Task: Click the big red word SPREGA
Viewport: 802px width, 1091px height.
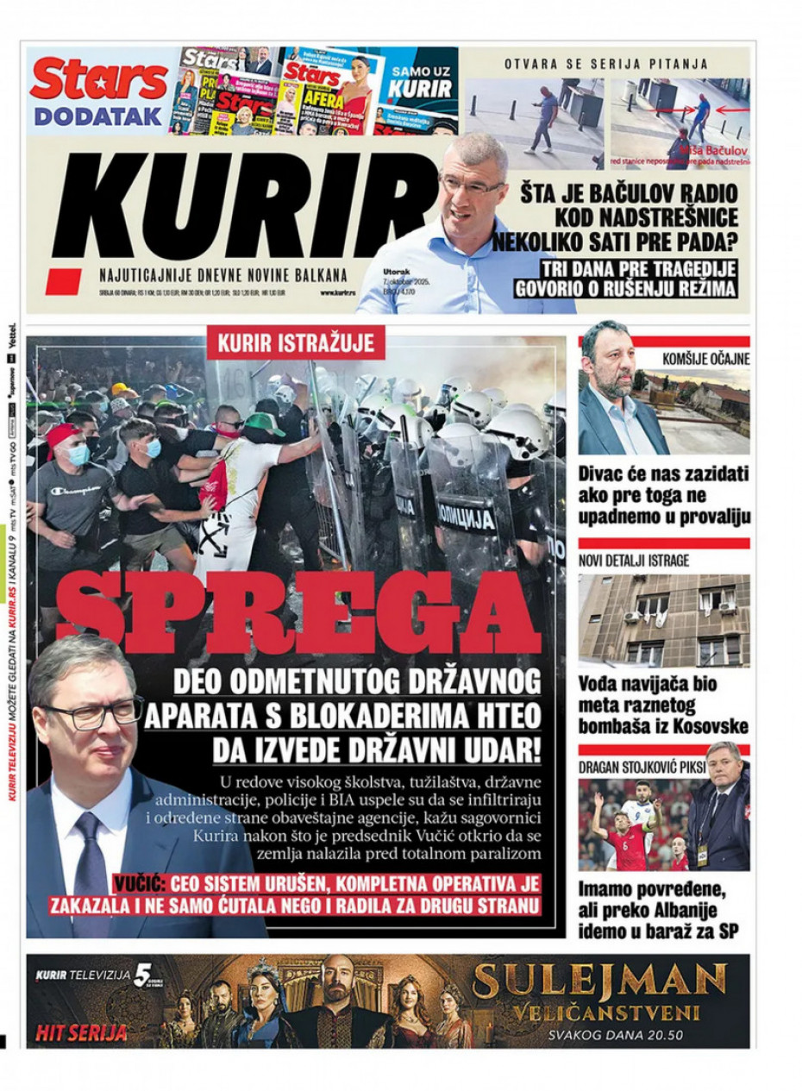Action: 297,613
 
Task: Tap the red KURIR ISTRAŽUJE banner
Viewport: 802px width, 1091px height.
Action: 295,343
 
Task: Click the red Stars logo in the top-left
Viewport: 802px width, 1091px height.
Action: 98,81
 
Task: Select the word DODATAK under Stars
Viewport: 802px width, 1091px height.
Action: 98,116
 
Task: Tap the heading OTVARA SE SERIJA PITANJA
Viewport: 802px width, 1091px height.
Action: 605,64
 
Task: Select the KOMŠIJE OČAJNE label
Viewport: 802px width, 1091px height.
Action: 705,359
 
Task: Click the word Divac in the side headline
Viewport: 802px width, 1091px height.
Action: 604,474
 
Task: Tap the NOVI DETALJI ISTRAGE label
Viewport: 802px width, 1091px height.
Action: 634,561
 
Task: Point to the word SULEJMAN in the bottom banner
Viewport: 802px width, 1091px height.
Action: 600,980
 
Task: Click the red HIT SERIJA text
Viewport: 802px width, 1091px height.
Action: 81,1031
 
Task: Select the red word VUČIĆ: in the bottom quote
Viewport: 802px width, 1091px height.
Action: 141,883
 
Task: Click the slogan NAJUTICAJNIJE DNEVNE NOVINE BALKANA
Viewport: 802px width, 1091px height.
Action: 223,276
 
